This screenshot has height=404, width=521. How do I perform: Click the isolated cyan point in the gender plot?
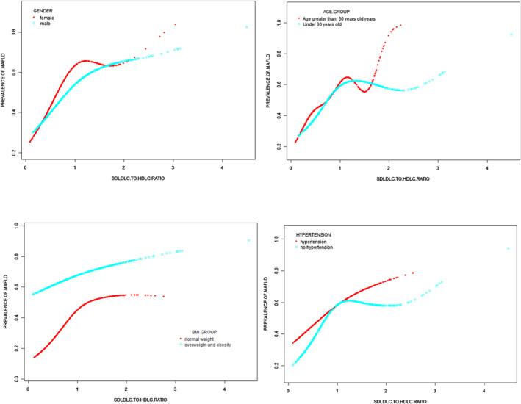(x=247, y=27)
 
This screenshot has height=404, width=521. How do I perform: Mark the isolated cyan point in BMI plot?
(x=248, y=240)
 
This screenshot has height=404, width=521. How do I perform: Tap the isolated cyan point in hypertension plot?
(x=508, y=248)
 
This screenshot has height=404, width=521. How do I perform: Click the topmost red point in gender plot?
(x=175, y=24)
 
